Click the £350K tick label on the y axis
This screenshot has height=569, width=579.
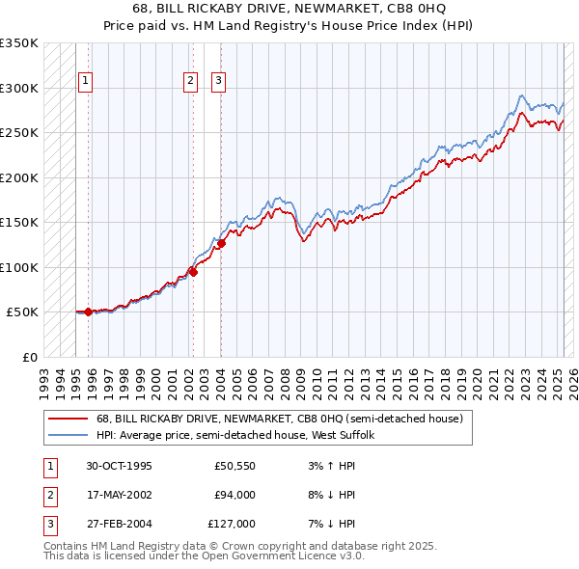(x=19, y=43)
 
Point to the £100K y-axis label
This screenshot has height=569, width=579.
(x=19, y=267)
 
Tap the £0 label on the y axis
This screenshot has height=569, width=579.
(x=29, y=357)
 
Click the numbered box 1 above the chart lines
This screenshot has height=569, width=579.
(x=87, y=81)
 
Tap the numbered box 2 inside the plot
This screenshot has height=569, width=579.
(x=191, y=81)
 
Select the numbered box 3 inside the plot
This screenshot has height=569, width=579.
(x=219, y=81)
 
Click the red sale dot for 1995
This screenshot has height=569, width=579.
(x=88, y=312)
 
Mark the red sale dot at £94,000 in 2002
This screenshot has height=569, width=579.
(x=193, y=272)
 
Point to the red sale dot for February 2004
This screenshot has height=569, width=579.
(x=221, y=243)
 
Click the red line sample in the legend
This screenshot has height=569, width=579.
(x=68, y=419)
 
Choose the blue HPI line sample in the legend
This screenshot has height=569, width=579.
(x=68, y=435)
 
